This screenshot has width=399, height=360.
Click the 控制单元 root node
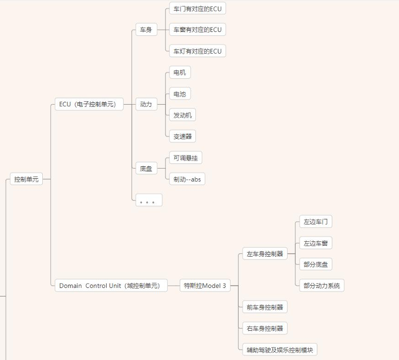[x=26, y=179]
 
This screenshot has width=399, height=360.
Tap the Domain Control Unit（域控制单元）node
[x=111, y=286]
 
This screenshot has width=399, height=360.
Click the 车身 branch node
[x=146, y=30]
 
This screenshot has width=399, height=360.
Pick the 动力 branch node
[x=146, y=104]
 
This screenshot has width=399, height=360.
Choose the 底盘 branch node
[x=146, y=169]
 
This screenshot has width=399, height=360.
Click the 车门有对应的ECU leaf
[x=197, y=9]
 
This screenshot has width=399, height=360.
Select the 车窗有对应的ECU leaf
[x=197, y=30]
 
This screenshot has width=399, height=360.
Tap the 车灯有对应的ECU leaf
[x=197, y=51]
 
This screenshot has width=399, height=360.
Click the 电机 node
[x=179, y=73]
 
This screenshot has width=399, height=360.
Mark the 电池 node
[x=179, y=94]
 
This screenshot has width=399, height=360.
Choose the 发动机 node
[x=183, y=115]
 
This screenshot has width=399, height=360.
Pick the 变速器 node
[x=183, y=136]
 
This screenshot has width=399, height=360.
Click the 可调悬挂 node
[x=186, y=158]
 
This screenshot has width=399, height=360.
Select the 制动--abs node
[x=187, y=179]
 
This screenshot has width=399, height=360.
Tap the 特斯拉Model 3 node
[x=204, y=286]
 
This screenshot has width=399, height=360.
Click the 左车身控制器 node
[x=264, y=254]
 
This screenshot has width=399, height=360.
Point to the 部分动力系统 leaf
[x=321, y=286]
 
